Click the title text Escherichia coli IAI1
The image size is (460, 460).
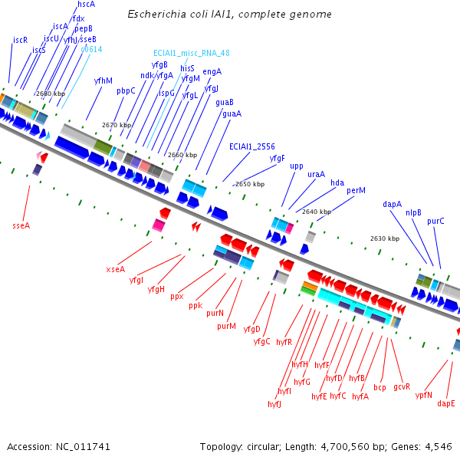pyautogui.click(x=229, y=15)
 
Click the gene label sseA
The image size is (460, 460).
pyautogui.click(x=21, y=225)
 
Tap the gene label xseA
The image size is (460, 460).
pyautogui.click(x=115, y=269)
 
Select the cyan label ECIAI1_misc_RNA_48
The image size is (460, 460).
pyautogui.click(x=191, y=54)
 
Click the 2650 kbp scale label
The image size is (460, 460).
pyautogui.click(x=250, y=184)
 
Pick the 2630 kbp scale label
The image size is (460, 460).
pyautogui.click(x=385, y=238)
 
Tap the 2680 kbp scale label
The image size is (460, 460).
pyautogui.click(x=50, y=94)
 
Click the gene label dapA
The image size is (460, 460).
pyautogui.click(x=393, y=205)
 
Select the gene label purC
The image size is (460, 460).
pyautogui.click(x=435, y=221)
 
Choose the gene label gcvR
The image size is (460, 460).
pyautogui.click(x=402, y=387)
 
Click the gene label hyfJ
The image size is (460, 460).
pyautogui.click(x=274, y=404)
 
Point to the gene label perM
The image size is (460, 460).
pyautogui.click(x=356, y=190)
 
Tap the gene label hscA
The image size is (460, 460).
pyautogui.click(x=87, y=5)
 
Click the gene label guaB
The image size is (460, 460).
pyautogui.click(x=225, y=102)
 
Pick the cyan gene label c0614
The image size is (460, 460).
pyautogui.click(x=91, y=49)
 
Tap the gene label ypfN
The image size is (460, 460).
pyautogui.click(x=424, y=395)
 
